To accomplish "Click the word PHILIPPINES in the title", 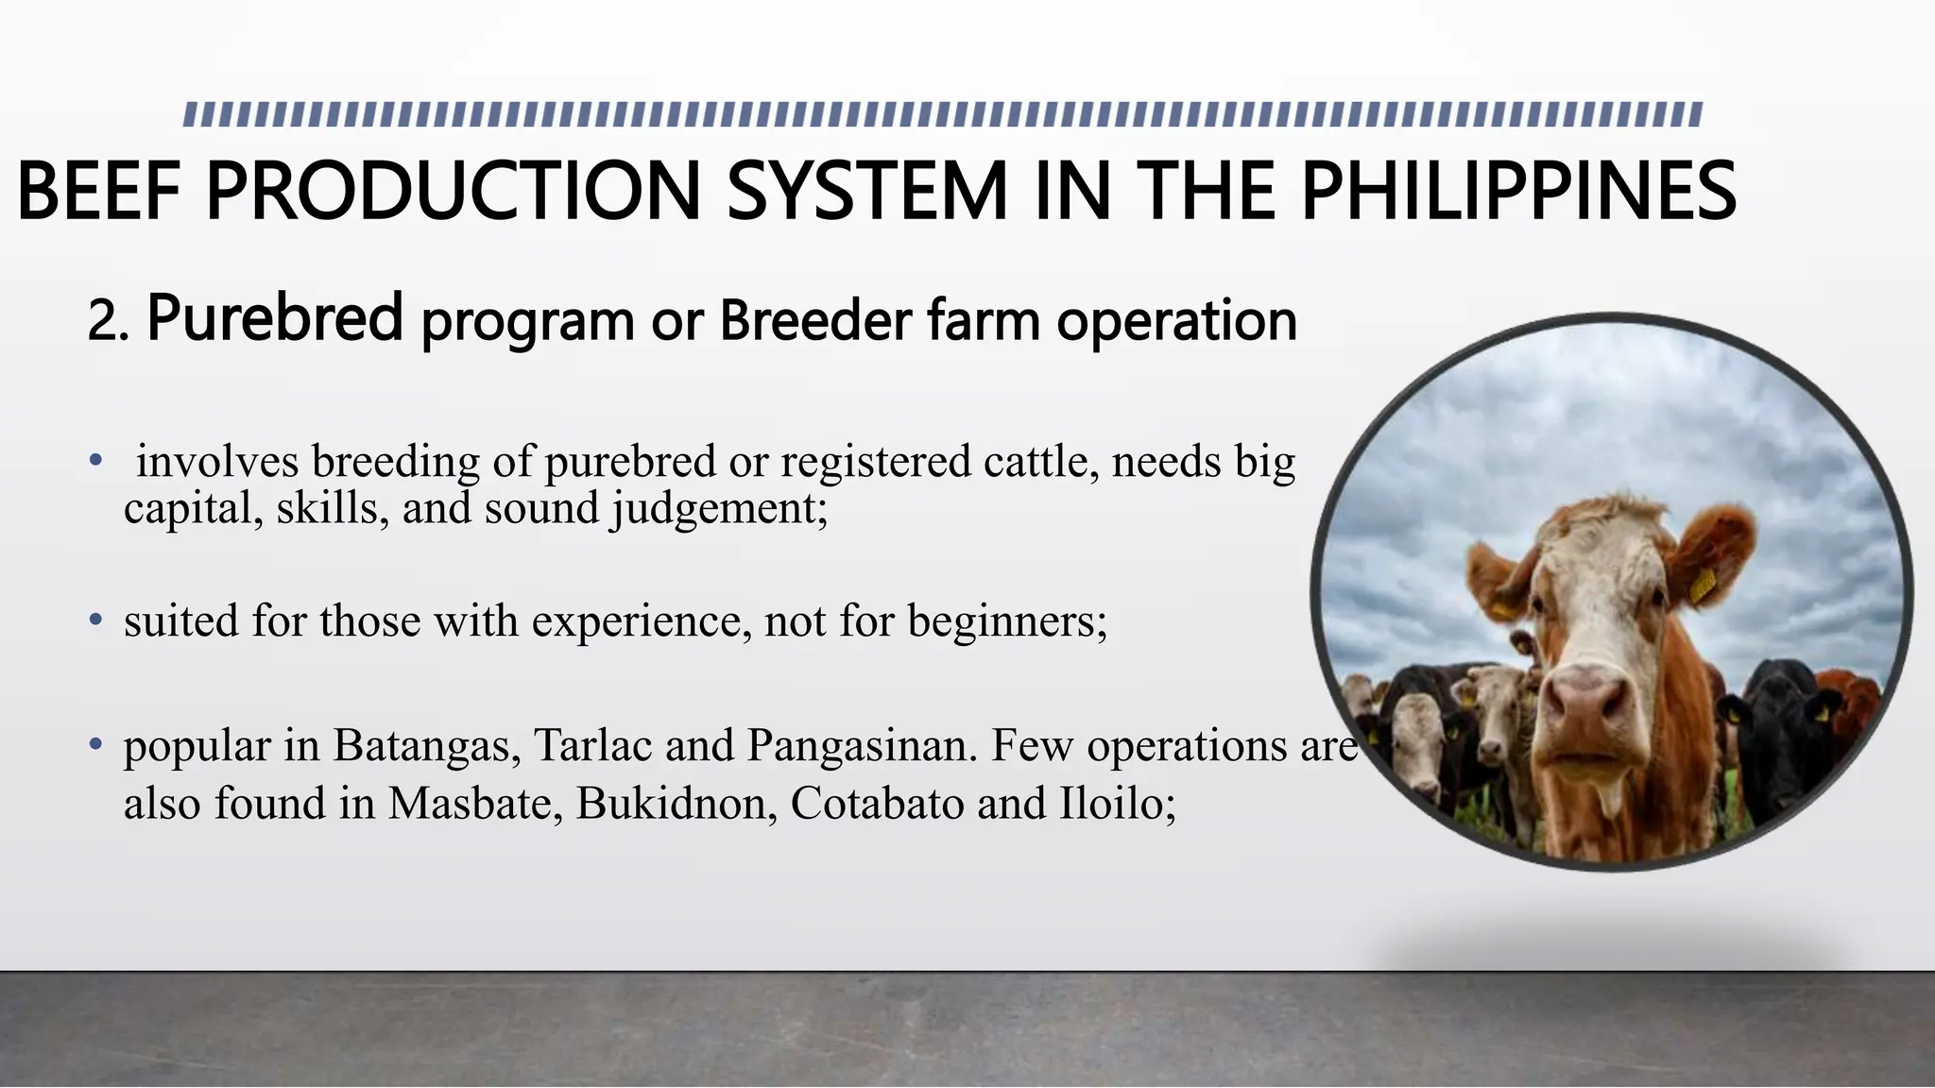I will (1518, 192).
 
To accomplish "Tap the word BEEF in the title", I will (98, 192).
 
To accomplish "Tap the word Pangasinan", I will (862, 745).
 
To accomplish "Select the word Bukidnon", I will (676, 804).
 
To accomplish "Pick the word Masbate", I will (470, 804).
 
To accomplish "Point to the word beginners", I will (1006, 621).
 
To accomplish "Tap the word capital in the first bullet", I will (193, 510).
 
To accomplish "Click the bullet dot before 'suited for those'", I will (95, 620).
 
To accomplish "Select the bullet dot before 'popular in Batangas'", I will (95, 744).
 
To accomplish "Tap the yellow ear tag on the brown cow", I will (1703, 586).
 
